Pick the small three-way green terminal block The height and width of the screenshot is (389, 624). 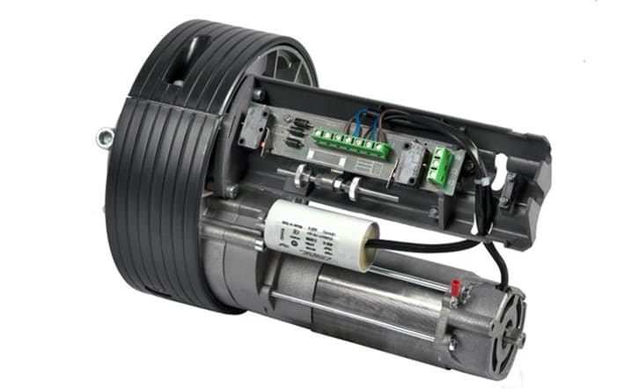click(441, 165)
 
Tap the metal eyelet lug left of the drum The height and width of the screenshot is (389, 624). click(105, 136)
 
